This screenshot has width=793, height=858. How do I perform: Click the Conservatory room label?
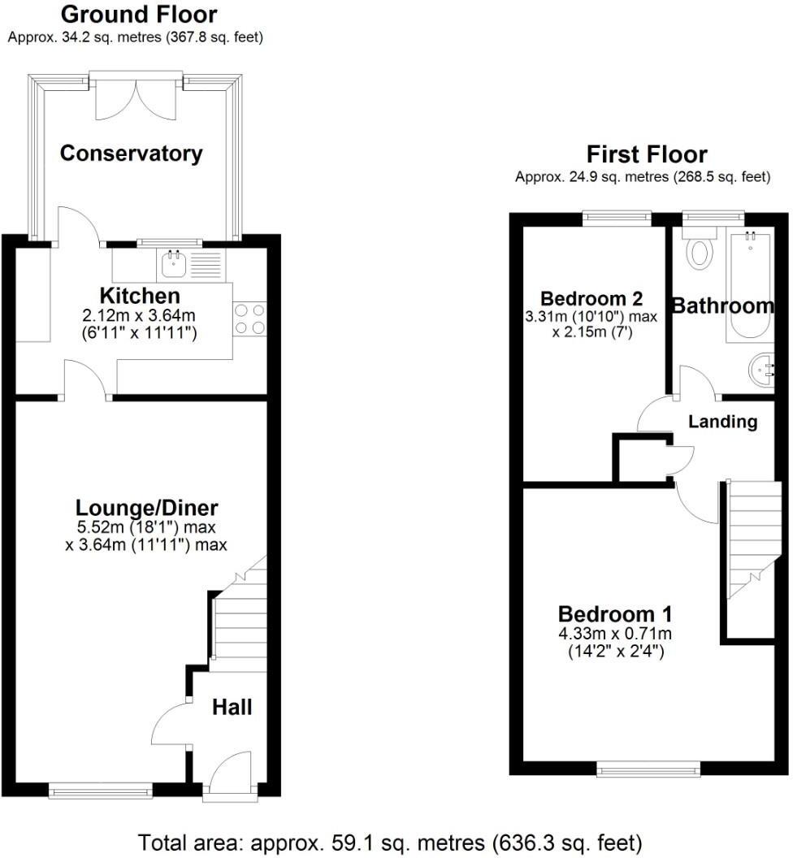(131, 153)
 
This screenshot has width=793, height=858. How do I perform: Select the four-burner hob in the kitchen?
(249, 318)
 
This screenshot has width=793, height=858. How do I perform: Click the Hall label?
(232, 707)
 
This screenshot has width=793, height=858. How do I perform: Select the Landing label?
(722, 422)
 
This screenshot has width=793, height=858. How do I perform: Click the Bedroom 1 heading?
(614, 613)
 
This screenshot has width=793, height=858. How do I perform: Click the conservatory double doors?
(136, 97)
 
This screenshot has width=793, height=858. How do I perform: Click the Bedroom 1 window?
(648, 767)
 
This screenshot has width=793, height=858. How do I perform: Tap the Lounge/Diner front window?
(100, 787)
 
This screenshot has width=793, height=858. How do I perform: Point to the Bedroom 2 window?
(617, 217)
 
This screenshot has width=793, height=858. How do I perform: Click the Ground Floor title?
(139, 15)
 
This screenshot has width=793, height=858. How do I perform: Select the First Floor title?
(647, 154)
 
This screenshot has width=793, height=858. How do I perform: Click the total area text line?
(390, 841)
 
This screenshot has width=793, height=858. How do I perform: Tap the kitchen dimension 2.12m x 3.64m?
(140, 315)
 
